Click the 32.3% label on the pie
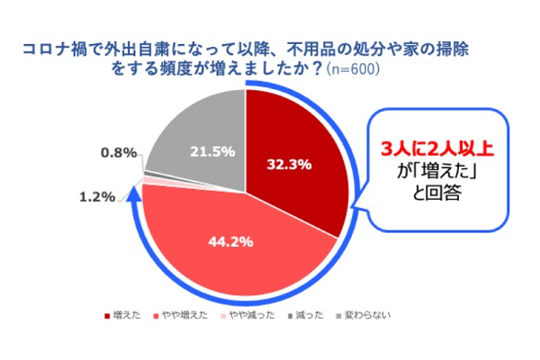[x=289, y=164]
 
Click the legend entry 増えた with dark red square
[x=129, y=316]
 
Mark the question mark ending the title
[x=318, y=68]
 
